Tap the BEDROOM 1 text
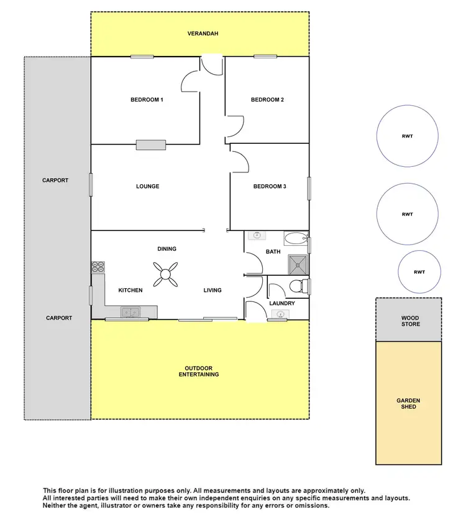click(x=147, y=100)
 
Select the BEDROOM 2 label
click(x=267, y=100)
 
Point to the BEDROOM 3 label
click(x=270, y=186)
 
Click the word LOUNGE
click(x=147, y=186)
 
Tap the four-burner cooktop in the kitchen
click(x=98, y=266)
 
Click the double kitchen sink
click(x=130, y=312)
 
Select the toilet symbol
click(x=299, y=286)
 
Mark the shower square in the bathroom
click(x=298, y=264)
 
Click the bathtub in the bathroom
click(x=295, y=237)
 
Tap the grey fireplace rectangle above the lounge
click(x=151, y=144)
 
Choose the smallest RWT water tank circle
click(x=419, y=271)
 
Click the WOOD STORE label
click(x=410, y=321)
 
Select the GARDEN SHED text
click(x=409, y=403)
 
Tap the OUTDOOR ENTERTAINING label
click(x=199, y=371)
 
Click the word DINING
click(x=167, y=249)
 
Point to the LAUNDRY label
click(x=282, y=303)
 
